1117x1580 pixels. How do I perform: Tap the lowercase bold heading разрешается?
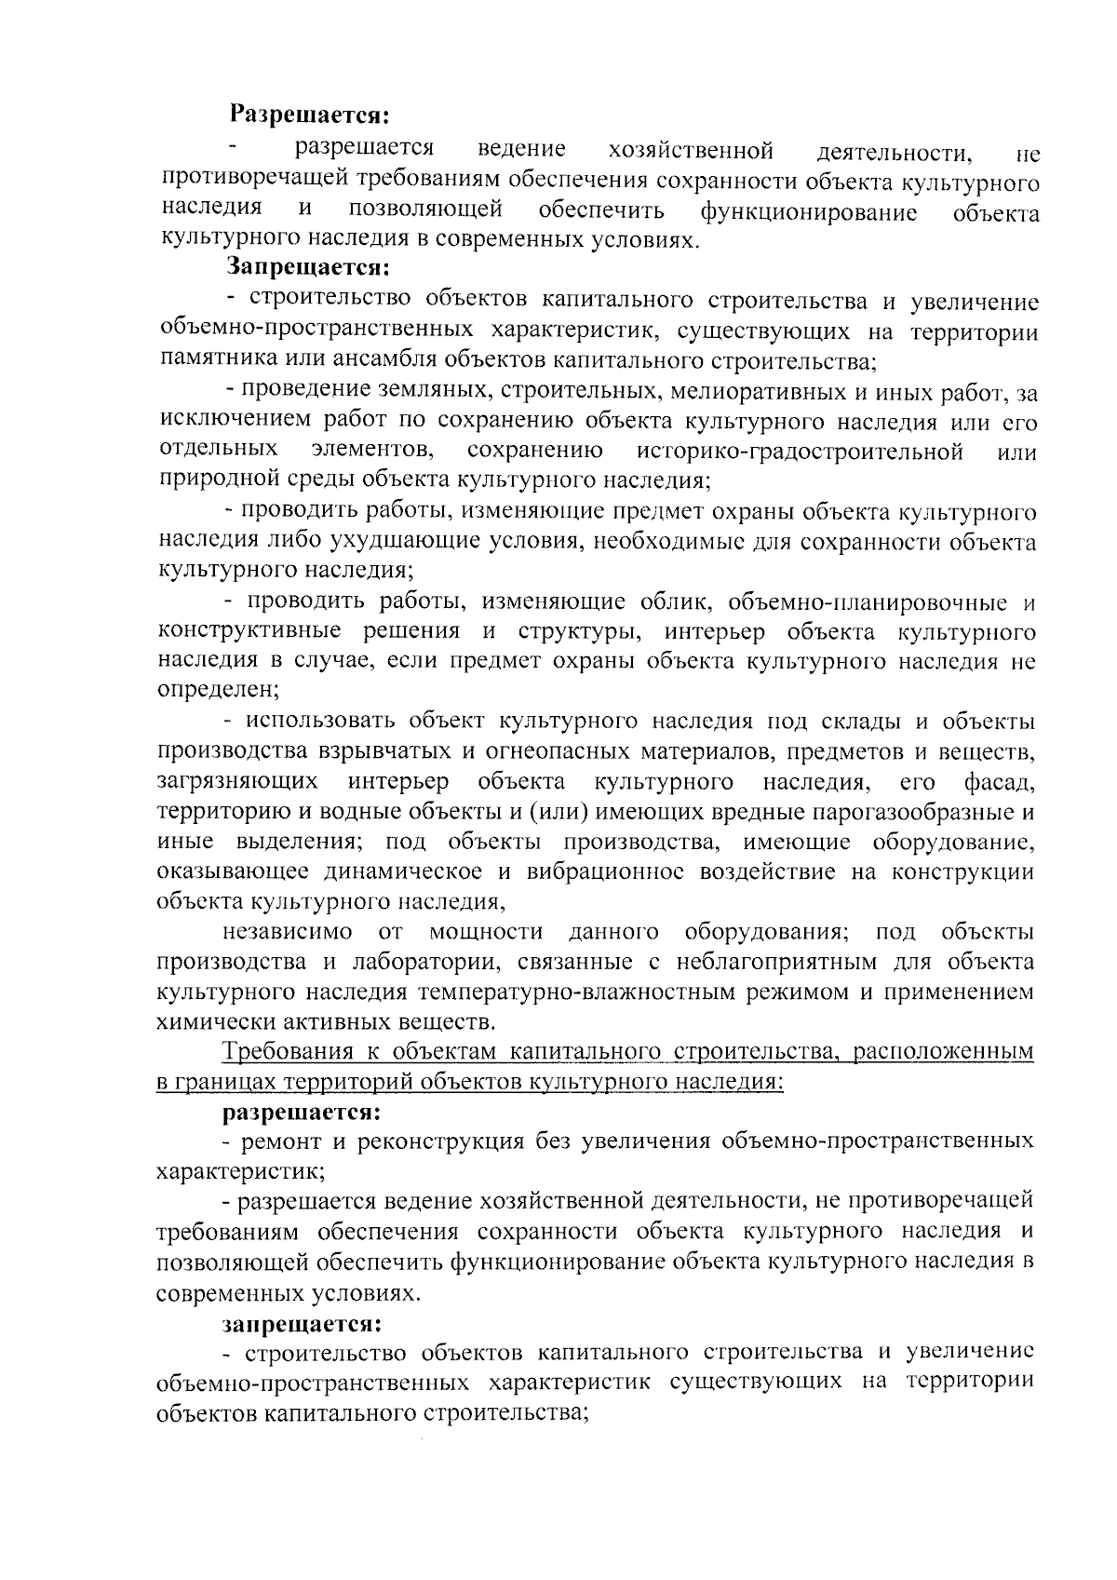[301, 1112]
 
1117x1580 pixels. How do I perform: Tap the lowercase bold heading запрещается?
[301, 1323]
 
